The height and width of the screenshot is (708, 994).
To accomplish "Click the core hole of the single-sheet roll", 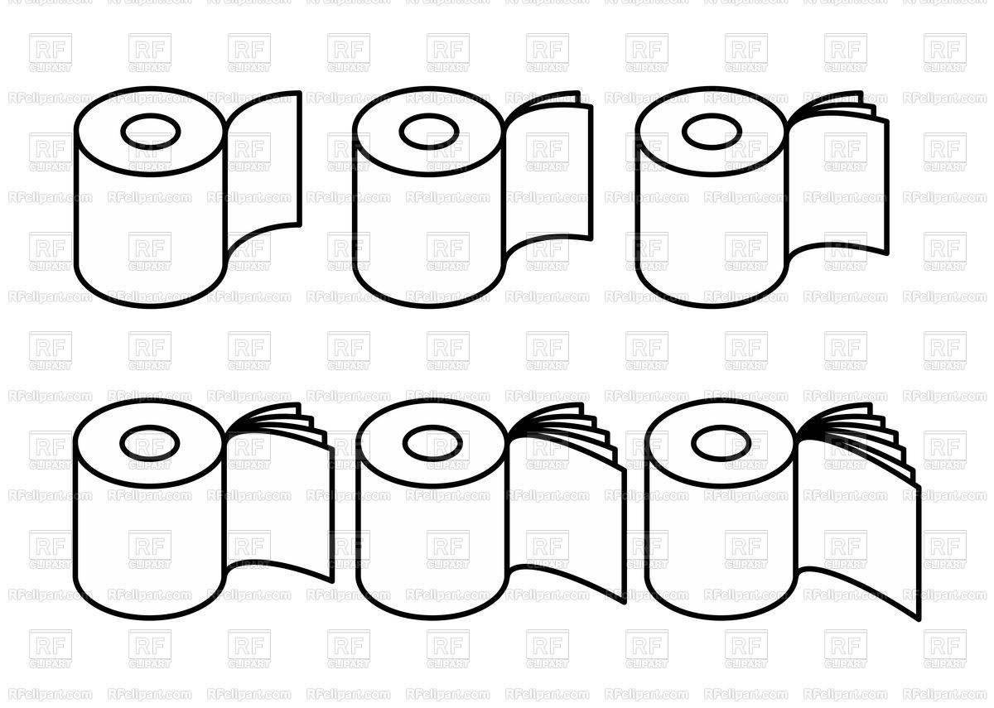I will click(x=150, y=131).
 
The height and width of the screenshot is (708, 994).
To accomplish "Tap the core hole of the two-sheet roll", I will click(x=428, y=131).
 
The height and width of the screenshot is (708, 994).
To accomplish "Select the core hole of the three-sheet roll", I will click(x=712, y=131).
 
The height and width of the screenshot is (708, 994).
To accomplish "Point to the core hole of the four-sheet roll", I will click(x=150, y=443).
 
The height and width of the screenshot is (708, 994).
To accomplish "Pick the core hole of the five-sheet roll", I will click(x=432, y=443).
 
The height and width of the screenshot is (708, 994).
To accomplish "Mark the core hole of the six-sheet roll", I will click(x=721, y=443).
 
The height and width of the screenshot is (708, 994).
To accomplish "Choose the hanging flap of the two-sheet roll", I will click(x=548, y=174).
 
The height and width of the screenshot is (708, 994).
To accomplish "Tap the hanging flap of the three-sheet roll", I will click(x=837, y=182).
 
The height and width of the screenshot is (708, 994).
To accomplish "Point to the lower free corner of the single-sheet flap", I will click(x=299, y=224).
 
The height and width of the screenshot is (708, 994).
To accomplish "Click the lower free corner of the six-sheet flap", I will click(x=919, y=618).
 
